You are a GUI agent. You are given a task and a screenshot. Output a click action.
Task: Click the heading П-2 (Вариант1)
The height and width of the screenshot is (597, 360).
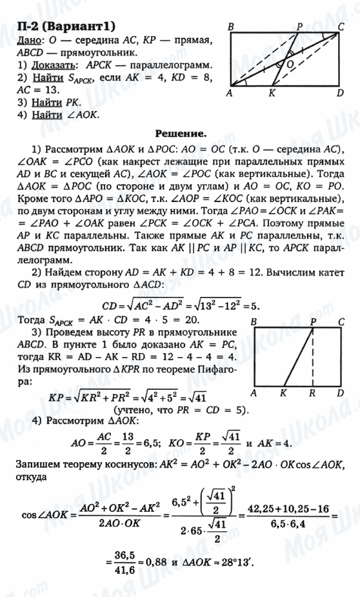(63, 26)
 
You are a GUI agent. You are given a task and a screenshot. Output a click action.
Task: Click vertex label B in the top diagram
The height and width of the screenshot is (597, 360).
(230, 26)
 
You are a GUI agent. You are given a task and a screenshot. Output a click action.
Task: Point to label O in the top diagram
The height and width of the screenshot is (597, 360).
(290, 65)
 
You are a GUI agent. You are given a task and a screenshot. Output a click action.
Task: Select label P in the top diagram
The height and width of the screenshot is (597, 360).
(300, 26)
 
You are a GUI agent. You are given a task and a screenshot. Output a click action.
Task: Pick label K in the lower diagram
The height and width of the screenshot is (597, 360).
(284, 392)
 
